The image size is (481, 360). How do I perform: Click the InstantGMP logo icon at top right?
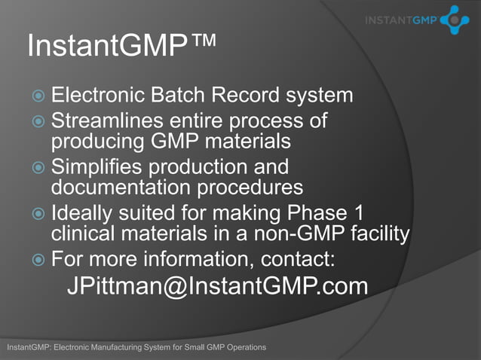454,20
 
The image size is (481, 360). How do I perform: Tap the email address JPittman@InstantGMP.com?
217,286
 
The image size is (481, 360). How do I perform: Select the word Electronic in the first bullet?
98,96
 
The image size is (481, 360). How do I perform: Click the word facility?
381,235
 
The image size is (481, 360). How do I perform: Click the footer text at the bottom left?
136,347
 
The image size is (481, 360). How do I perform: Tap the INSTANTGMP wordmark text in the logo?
399,20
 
